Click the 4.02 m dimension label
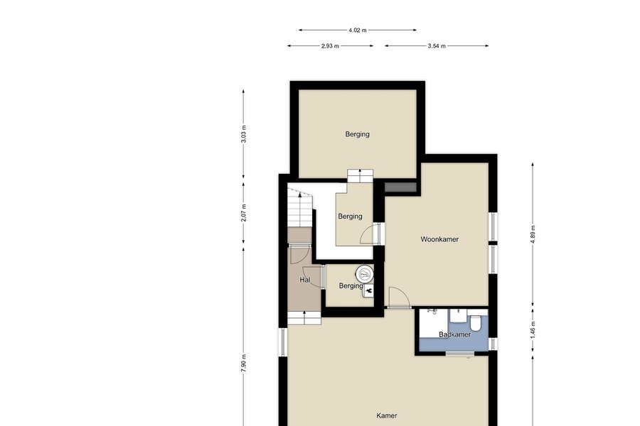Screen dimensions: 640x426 358,30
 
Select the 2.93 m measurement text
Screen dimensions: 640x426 330,46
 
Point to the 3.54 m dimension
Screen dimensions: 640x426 437,46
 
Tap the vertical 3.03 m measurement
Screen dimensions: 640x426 244,134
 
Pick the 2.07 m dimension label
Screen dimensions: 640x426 244,213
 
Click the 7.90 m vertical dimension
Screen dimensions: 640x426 244,363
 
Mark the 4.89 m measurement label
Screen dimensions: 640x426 533,234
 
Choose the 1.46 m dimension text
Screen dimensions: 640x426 533,329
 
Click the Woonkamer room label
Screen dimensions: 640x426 439,239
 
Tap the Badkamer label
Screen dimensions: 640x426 454,334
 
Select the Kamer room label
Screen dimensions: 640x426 387,416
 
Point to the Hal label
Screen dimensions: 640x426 305,280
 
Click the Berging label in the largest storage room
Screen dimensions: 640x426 357,134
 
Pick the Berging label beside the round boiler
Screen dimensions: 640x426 351,286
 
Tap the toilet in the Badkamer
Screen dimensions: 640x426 475,322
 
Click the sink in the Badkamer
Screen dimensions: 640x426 459,316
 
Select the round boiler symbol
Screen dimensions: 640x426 365,274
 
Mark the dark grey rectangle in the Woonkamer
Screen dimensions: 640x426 400,187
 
